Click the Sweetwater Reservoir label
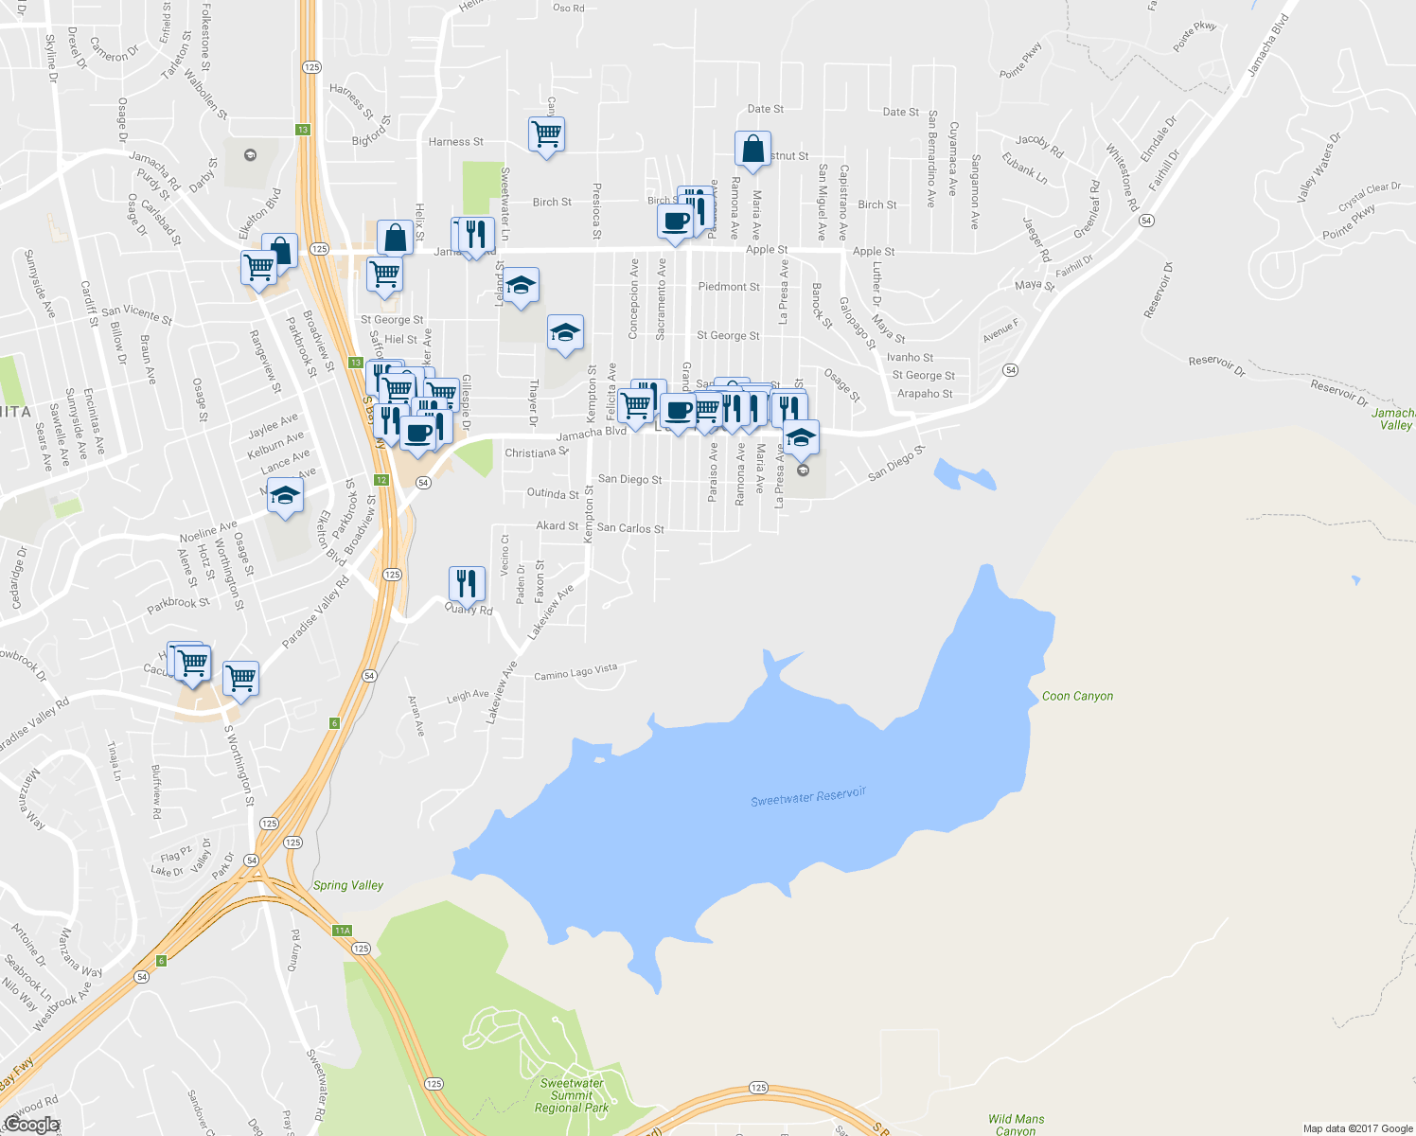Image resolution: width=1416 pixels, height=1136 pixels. click(x=808, y=797)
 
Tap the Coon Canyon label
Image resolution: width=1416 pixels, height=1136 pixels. click(x=1077, y=696)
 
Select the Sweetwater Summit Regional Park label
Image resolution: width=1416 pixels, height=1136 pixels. click(x=572, y=1095)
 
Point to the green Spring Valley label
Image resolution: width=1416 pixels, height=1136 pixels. click(x=348, y=885)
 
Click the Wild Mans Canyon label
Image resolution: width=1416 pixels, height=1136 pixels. click(x=1016, y=1125)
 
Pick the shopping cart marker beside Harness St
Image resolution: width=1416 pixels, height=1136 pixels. click(x=547, y=134)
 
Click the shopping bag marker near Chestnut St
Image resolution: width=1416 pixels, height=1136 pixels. click(x=752, y=150)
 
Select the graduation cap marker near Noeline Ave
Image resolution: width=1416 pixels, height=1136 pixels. click(x=285, y=495)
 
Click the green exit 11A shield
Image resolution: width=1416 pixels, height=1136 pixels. click(x=343, y=931)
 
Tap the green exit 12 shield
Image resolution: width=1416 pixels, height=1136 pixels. click(x=381, y=480)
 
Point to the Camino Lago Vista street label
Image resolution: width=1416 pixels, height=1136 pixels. click(x=575, y=672)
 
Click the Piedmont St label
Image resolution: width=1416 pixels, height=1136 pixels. click(x=729, y=287)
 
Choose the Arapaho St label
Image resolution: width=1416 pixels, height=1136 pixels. click(x=925, y=394)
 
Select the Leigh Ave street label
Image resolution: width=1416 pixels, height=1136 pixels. click(x=468, y=697)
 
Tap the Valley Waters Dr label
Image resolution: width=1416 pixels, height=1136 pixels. click(x=1319, y=168)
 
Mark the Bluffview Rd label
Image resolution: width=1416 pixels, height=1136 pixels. click(x=156, y=791)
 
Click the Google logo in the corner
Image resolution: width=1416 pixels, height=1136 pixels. click(x=31, y=1125)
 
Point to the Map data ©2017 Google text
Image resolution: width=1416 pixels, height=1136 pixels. click(x=1357, y=1128)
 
